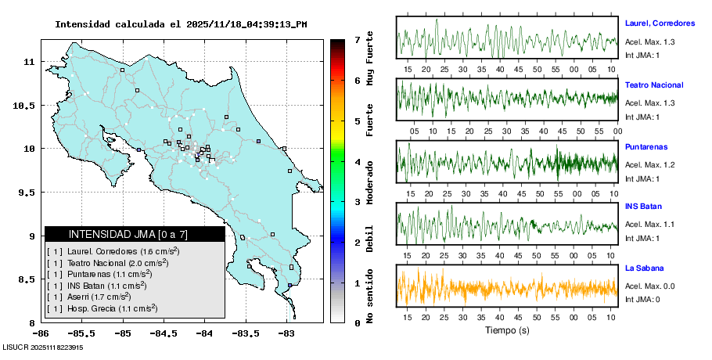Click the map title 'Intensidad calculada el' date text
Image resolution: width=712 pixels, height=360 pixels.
pyautogui.click(x=181, y=24)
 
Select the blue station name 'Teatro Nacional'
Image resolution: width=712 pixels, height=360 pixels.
pyautogui.click(x=654, y=85)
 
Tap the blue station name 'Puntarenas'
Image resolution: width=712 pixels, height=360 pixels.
pyautogui.click(x=645, y=146)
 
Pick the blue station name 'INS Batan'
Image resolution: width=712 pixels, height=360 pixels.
pyautogui.click(x=644, y=207)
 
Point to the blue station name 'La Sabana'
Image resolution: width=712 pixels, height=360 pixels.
pyautogui.click(x=644, y=268)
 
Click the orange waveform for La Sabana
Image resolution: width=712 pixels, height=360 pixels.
pyautogui.click(x=507, y=287)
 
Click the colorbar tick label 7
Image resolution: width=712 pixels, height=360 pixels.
pyautogui.click(x=356, y=39)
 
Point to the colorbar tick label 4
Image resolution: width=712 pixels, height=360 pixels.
pyautogui.click(x=356, y=161)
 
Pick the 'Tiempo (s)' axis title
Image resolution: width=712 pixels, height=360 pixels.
pyautogui.click(x=507, y=329)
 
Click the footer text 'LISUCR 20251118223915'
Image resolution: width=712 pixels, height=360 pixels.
pyautogui.click(x=43, y=347)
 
